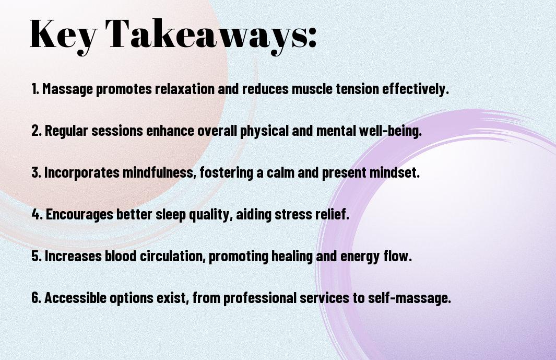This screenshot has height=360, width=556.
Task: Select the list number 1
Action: [x=35, y=89]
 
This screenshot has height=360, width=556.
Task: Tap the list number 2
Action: [x=36, y=131]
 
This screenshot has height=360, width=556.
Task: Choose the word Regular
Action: [x=66, y=131]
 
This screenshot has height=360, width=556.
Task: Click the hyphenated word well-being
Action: [x=391, y=131]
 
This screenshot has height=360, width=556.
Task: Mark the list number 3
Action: [x=36, y=172]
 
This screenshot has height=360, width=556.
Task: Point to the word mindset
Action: [x=395, y=172]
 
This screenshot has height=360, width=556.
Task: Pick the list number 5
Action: [x=37, y=256]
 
